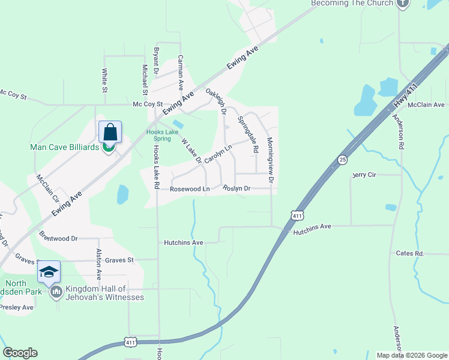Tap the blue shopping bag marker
110,131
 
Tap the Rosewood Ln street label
190,189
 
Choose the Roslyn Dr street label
236,188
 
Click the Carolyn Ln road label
218,154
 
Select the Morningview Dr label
270,160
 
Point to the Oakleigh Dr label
215,103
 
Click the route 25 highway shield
342,160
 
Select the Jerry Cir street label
364,175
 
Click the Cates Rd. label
410,254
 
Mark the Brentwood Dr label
58,238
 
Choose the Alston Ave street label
99,265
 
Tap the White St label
104,80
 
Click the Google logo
20,353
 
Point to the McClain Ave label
426,105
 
